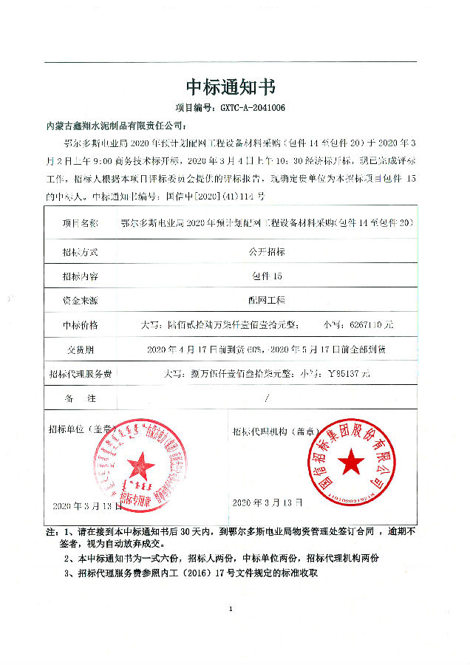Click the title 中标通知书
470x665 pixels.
point(231,87)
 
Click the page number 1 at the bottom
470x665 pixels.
point(231,609)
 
